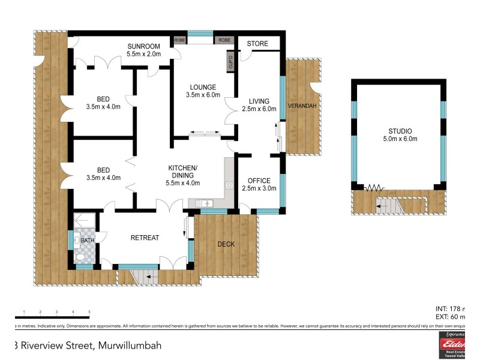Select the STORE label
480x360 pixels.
click(257, 44)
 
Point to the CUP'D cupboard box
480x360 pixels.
click(230, 62)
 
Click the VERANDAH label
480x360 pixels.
click(302, 106)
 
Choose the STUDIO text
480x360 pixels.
click(400, 131)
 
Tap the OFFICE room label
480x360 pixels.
click(259, 181)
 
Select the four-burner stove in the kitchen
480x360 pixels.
click(229, 185)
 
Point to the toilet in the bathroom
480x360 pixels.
click(80, 257)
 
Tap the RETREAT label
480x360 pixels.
click(145, 238)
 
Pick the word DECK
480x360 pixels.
click(226, 244)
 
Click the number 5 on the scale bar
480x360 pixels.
click(89, 312)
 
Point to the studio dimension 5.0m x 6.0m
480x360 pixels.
click(400, 139)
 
